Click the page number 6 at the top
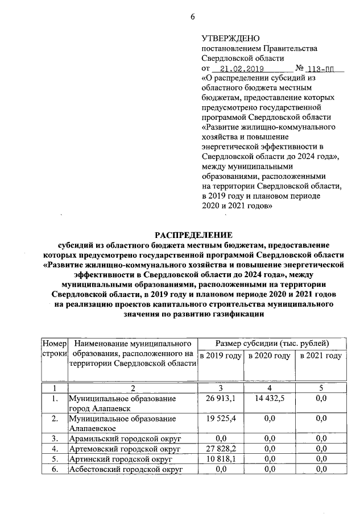click(x=192, y=16)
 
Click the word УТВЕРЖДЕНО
click(x=230, y=39)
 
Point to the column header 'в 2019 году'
click(x=220, y=356)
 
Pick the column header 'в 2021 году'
click(x=320, y=356)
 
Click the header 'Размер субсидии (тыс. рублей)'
click(x=270, y=343)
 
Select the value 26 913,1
click(x=220, y=399)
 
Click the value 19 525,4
click(x=220, y=419)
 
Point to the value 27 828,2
click(x=220, y=449)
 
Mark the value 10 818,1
click(x=220, y=459)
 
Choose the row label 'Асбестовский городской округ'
click(x=125, y=469)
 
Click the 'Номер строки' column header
click(x=55, y=349)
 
